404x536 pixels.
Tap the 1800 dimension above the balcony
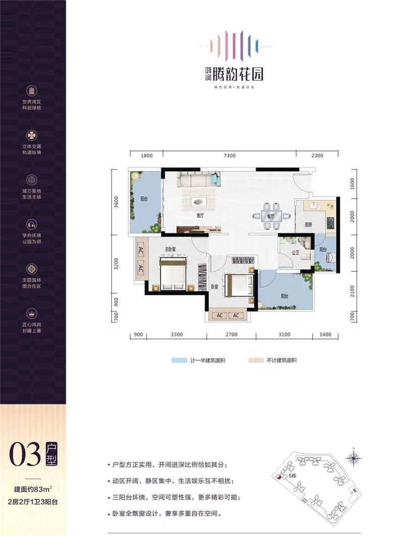146,156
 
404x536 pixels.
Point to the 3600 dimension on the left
116,203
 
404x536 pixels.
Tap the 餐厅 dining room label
270,216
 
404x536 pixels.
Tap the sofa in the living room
198,180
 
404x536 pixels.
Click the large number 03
23,455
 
